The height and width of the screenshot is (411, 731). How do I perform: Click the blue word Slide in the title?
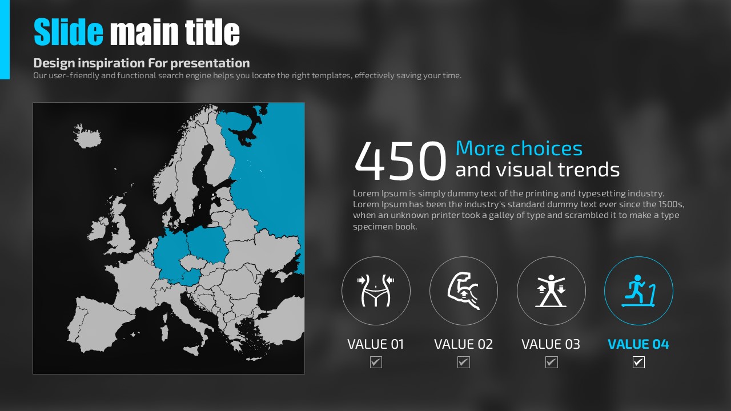[x=69, y=31]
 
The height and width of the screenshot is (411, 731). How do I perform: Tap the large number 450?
[x=400, y=161]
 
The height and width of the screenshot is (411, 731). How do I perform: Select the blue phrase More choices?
[x=519, y=148]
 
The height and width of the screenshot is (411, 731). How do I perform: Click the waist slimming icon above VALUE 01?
[x=376, y=291]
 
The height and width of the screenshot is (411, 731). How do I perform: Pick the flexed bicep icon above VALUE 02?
[x=463, y=291]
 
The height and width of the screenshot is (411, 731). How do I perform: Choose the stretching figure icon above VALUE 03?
[x=551, y=291]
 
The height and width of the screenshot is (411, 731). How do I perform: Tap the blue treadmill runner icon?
[x=638, y=291]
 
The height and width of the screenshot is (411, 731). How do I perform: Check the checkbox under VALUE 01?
[x=376, y=362]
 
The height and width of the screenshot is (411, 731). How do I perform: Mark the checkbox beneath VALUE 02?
[x=463, y=362]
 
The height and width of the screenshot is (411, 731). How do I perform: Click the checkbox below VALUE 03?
[x=551, y=362]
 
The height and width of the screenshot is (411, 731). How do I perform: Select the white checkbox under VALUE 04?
[x=638, y=362]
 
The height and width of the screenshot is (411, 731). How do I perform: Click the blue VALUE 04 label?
[x=638, y=344]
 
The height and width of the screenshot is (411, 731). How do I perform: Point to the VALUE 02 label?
[x=463, y=344]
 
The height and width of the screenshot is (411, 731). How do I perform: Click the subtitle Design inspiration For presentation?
[x=142, y=63]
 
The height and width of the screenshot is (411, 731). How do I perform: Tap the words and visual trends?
[x=537, y=170]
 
